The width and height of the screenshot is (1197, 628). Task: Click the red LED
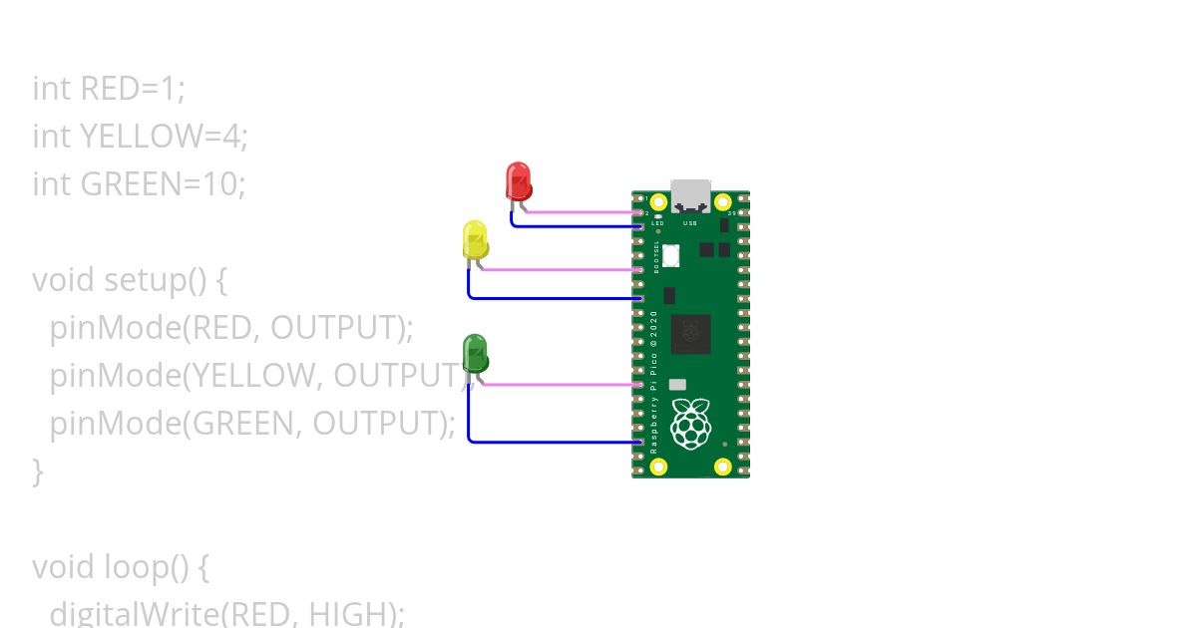click(519, 181)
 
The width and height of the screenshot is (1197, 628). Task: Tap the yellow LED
click(475, 239)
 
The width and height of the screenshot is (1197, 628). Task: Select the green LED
click(475, 353)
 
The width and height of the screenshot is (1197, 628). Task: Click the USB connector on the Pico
click(690, 195)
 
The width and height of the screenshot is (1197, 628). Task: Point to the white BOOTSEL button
click(671, 256)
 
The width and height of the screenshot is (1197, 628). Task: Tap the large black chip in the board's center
click(690, 334)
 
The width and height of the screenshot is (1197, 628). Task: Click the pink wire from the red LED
click(579, 212)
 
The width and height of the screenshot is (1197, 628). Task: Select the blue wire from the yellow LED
click(549, 298)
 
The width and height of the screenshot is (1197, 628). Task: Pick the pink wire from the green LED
click(559, 384)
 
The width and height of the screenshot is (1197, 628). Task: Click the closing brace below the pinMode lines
click(38, 471)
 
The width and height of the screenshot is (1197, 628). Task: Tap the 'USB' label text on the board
click(690, 223)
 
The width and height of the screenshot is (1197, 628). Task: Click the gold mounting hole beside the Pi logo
click(724, 466)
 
